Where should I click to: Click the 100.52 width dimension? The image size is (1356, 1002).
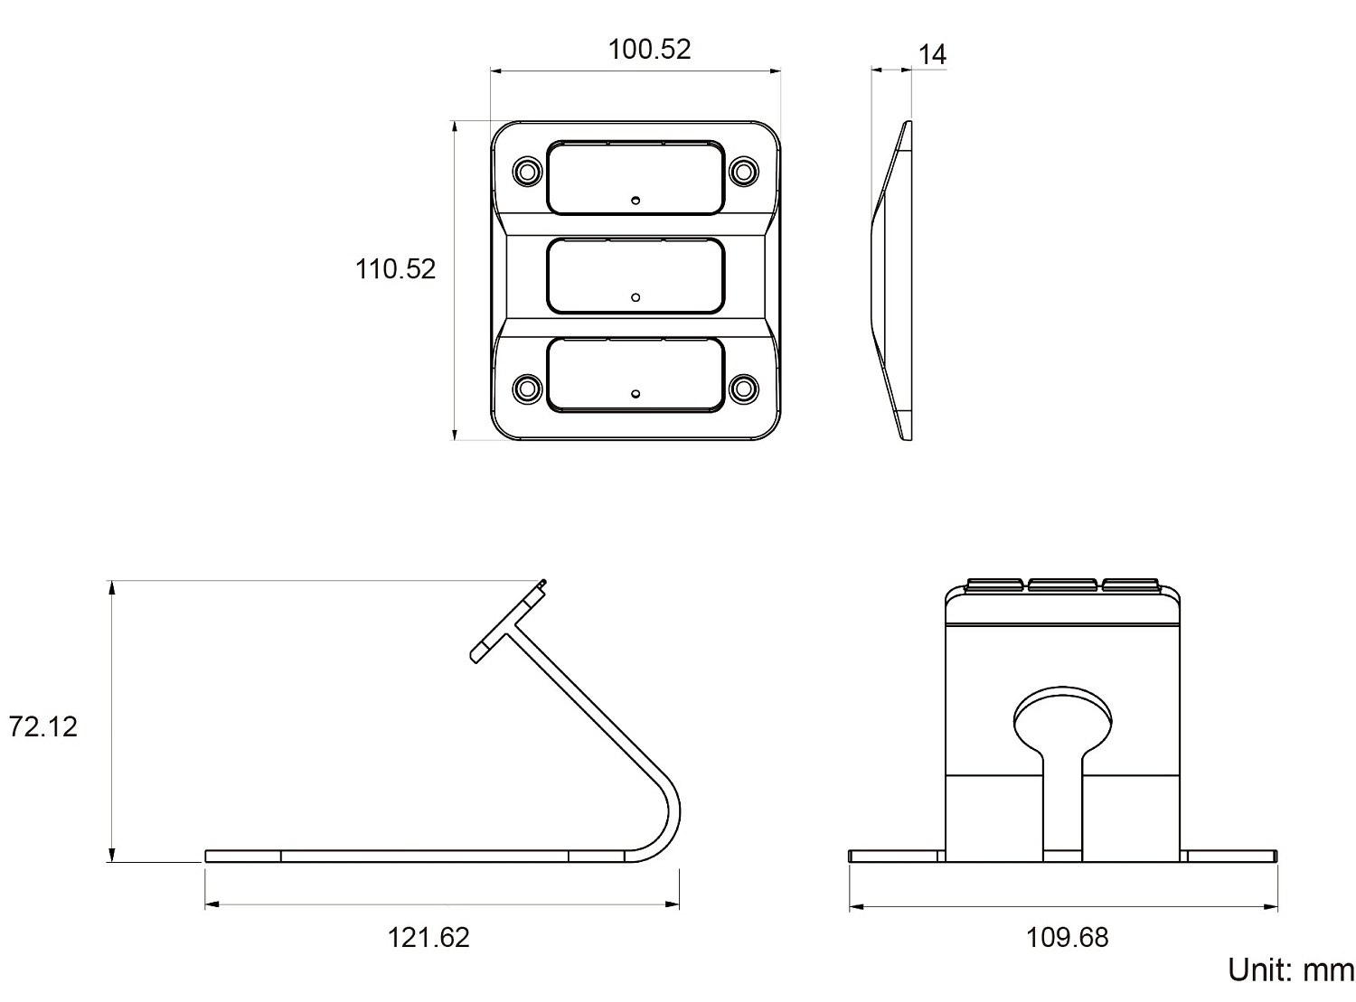point(649,50)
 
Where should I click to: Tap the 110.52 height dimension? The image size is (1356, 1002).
point(396,269)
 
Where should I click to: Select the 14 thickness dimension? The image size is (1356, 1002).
point(932,55)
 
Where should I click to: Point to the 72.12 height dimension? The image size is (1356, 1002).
point(42,727)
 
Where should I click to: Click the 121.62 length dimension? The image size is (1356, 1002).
point(428,938)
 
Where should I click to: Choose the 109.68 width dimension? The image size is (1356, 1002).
point(1067,938)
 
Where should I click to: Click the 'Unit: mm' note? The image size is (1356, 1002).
point(1291,970)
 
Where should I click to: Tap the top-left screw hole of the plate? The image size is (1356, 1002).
point(527,172)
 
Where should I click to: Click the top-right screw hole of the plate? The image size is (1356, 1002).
point(744,172)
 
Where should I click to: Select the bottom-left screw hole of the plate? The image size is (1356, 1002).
point(527,388)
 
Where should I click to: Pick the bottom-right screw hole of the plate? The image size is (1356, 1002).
point(744,388)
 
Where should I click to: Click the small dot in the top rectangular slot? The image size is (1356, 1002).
point(636,201)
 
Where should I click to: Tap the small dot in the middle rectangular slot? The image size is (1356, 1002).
point(636,297)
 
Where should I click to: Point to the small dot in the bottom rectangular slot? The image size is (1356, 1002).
point(636,394)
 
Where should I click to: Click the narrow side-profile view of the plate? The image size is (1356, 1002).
point(891,280)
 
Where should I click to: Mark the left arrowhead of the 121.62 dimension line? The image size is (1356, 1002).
point(212,904)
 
